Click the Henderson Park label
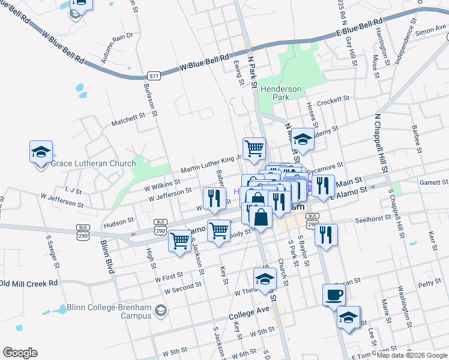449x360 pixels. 281,92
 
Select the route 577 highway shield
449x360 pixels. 154,76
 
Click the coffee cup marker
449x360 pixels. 334,295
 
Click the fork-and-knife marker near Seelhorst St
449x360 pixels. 325,235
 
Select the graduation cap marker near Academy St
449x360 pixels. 303,140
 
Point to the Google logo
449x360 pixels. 20,353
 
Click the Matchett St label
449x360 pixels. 129,118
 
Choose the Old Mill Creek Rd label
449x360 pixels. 29,283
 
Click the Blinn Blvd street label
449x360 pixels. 107,257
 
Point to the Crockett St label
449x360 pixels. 333,100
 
